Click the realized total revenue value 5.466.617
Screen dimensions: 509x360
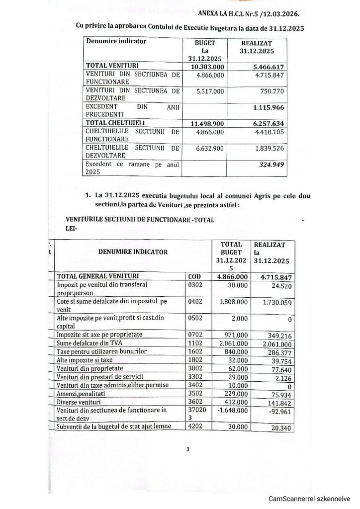(270, 65)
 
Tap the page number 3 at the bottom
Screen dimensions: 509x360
(188, 450)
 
